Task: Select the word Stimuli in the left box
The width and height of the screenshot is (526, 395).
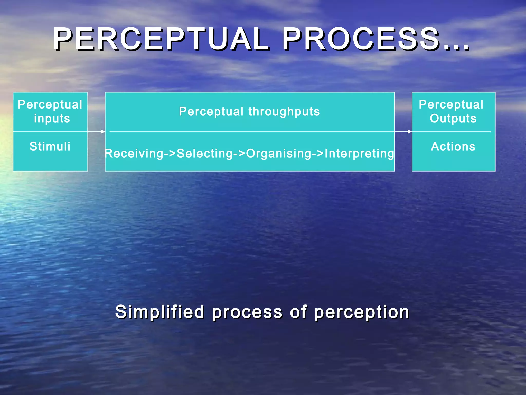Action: pyautogui.click(x=50, y=147)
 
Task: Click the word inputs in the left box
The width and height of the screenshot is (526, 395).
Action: pyautogui.click(x=52, y=119)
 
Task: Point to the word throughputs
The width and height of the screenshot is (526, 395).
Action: pyautogui.click(x=284, y=112)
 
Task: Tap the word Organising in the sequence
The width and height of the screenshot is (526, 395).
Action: pyautogui.click(x=279, y=154)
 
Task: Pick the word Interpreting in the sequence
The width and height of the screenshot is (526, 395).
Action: pyautogui.click(x=359, y=154)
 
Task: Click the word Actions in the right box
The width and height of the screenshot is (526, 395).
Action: pyautogui.click(x=453, y=147)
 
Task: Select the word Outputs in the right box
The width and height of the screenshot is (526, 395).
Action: pyautogui.click(x=453, y=119)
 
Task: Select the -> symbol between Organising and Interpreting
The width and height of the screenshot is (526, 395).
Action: pyautogui.click(x=318, y=154)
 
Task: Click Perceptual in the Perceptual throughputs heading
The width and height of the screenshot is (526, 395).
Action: pyautogui.click(x=211, y=112)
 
